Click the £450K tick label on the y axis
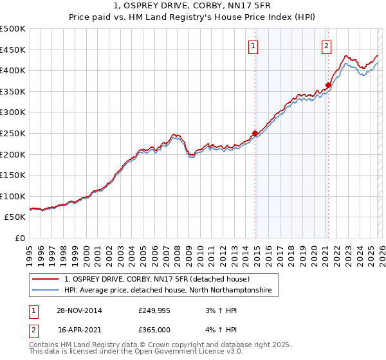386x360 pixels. [x=13, y=50]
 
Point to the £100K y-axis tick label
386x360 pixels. [x=13, y=196]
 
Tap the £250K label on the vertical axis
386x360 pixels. [x=13, y=133]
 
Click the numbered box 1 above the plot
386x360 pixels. [x=253, y=46]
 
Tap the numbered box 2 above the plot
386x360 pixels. [x=327, y=46]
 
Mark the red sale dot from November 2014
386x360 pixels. [x=255, y=133]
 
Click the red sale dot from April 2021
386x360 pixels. [x=328, y=85]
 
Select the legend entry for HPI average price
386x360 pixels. [x=168, y=291]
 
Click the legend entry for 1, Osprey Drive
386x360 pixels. [x=161, y=279]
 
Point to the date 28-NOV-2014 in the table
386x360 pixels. [x=80, y=310]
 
